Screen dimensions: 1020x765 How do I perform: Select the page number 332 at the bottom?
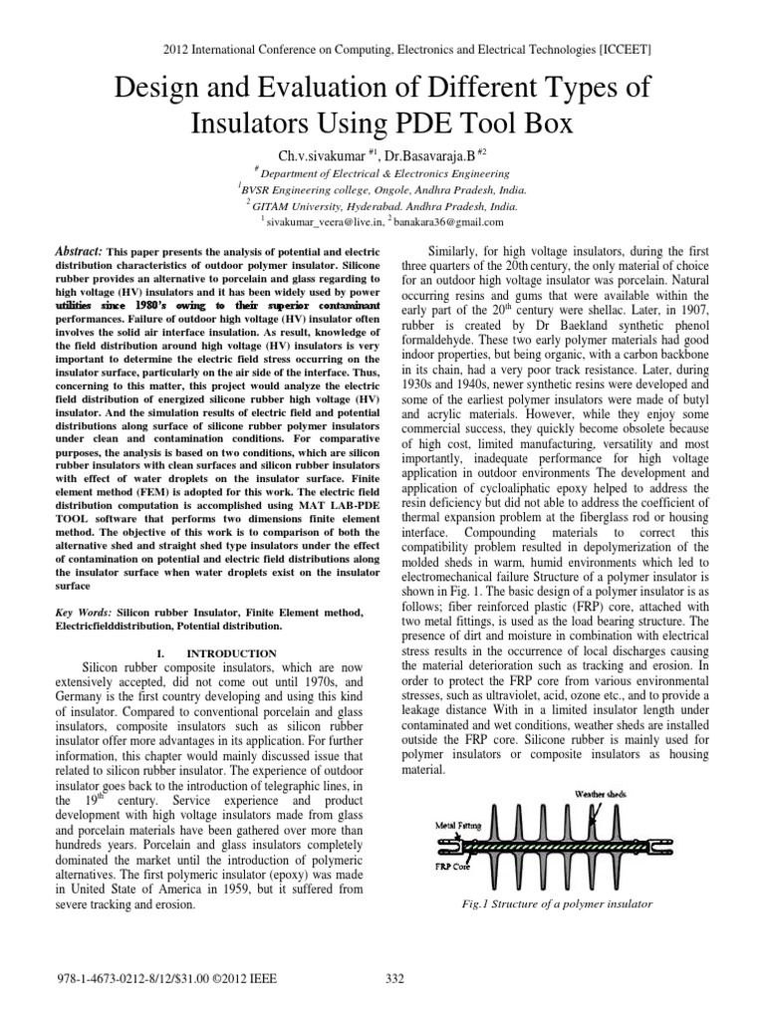tap(393, 981)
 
